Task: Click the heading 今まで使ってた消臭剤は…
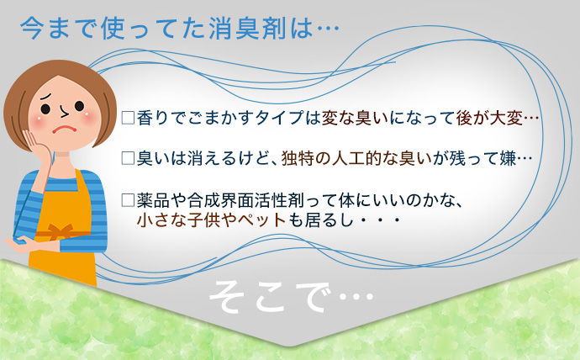point(180,29)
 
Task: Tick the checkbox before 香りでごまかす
point(128,118)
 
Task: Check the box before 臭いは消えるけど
point(128,158)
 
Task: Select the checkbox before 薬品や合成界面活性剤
point(128,200)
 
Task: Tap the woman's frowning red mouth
point(64,130)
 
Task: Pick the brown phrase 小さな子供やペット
point(211,220)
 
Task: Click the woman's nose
point(64,111)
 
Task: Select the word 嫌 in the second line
point(507,158)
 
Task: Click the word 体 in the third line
point(346,200)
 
